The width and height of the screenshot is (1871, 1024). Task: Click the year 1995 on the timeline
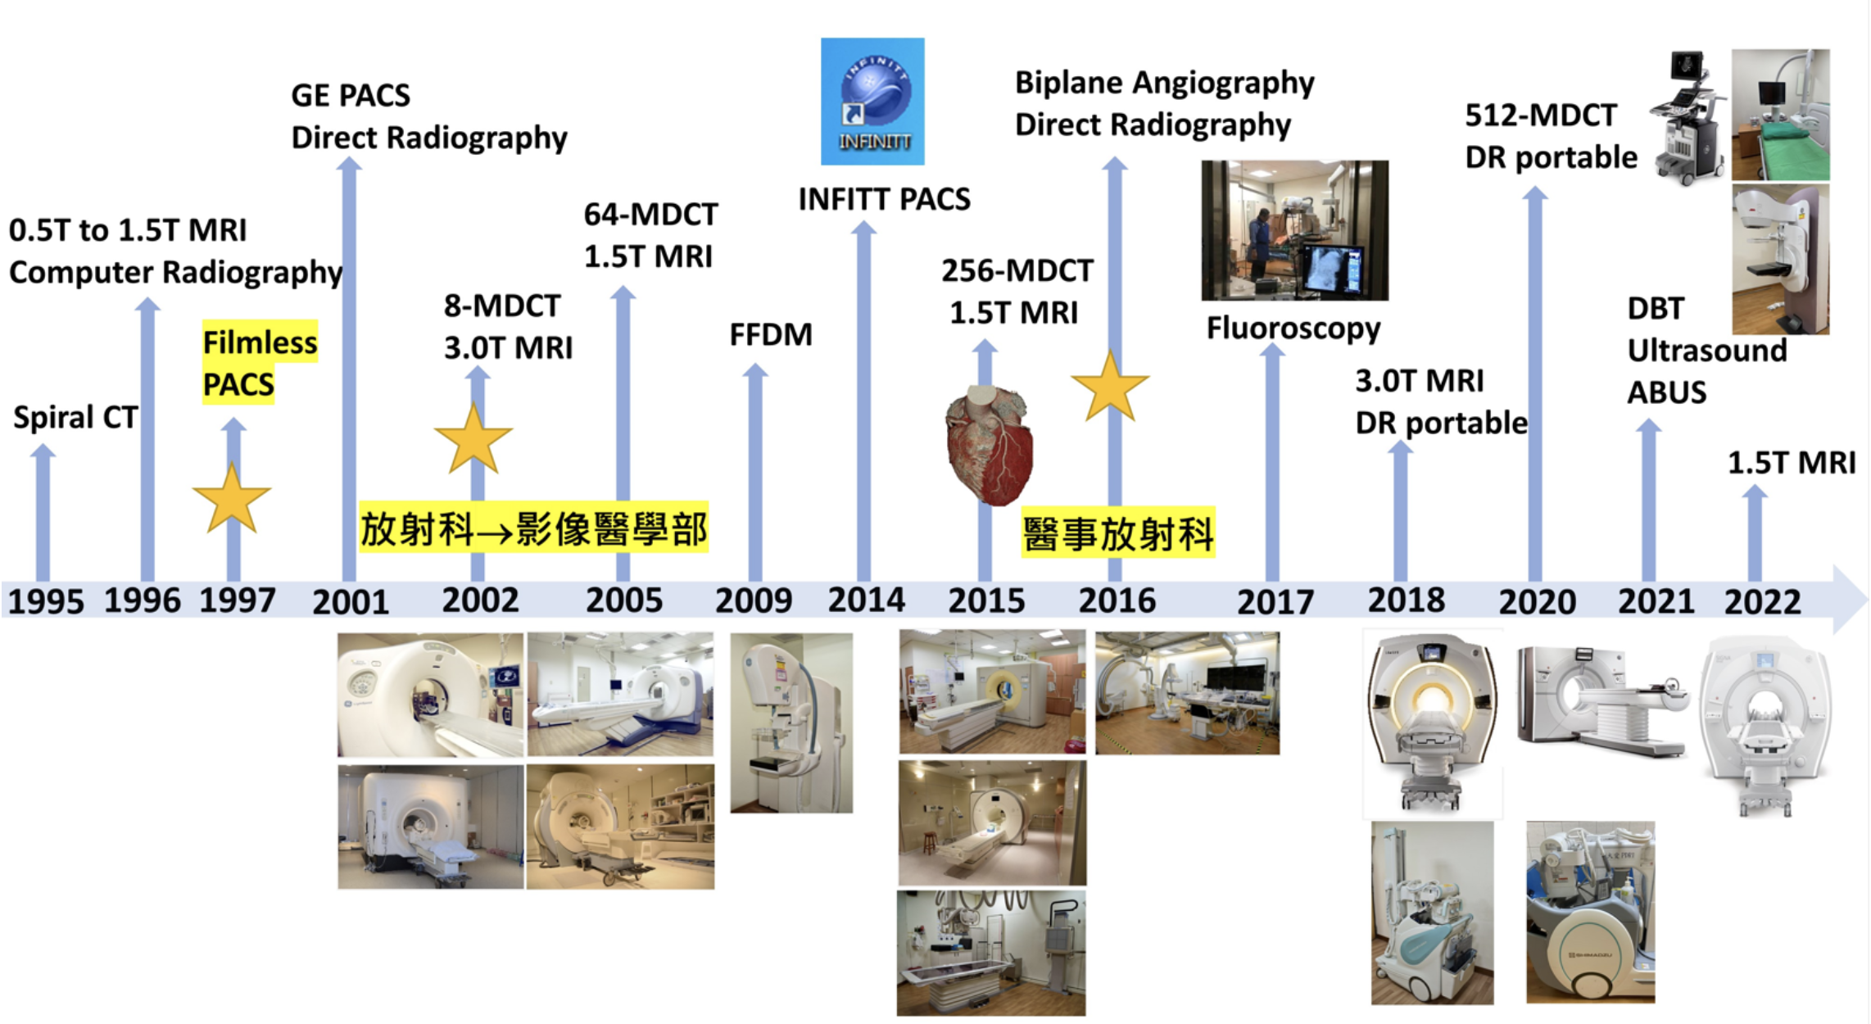pos(46,602)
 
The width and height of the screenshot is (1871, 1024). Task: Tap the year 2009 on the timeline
pos(754,600)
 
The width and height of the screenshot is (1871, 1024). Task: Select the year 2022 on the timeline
pos(1762,602)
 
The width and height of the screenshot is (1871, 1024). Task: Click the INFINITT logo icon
pos(872,101)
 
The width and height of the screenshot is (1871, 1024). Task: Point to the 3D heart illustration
pos(989,445)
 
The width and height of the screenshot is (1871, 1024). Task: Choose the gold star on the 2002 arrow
pos(473,440)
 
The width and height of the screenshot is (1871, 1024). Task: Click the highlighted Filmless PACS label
pos(259,363)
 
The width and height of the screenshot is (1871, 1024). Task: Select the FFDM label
pos(771,334)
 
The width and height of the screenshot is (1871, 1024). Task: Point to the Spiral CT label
pos(75,418)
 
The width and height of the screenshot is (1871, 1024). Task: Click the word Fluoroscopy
pos(1293,328)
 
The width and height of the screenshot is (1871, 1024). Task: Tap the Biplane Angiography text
pos(1164,83)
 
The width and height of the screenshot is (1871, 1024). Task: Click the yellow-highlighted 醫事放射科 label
pos(1117,534)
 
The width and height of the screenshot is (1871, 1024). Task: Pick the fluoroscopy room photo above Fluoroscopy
pos(1294,230)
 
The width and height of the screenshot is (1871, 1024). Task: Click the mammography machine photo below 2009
pos(791,723)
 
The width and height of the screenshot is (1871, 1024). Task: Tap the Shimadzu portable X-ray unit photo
pos(1590,913)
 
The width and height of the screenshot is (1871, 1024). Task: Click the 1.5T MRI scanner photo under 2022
pos(1765,725)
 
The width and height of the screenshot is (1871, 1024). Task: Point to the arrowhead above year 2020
pos(1534,194)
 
